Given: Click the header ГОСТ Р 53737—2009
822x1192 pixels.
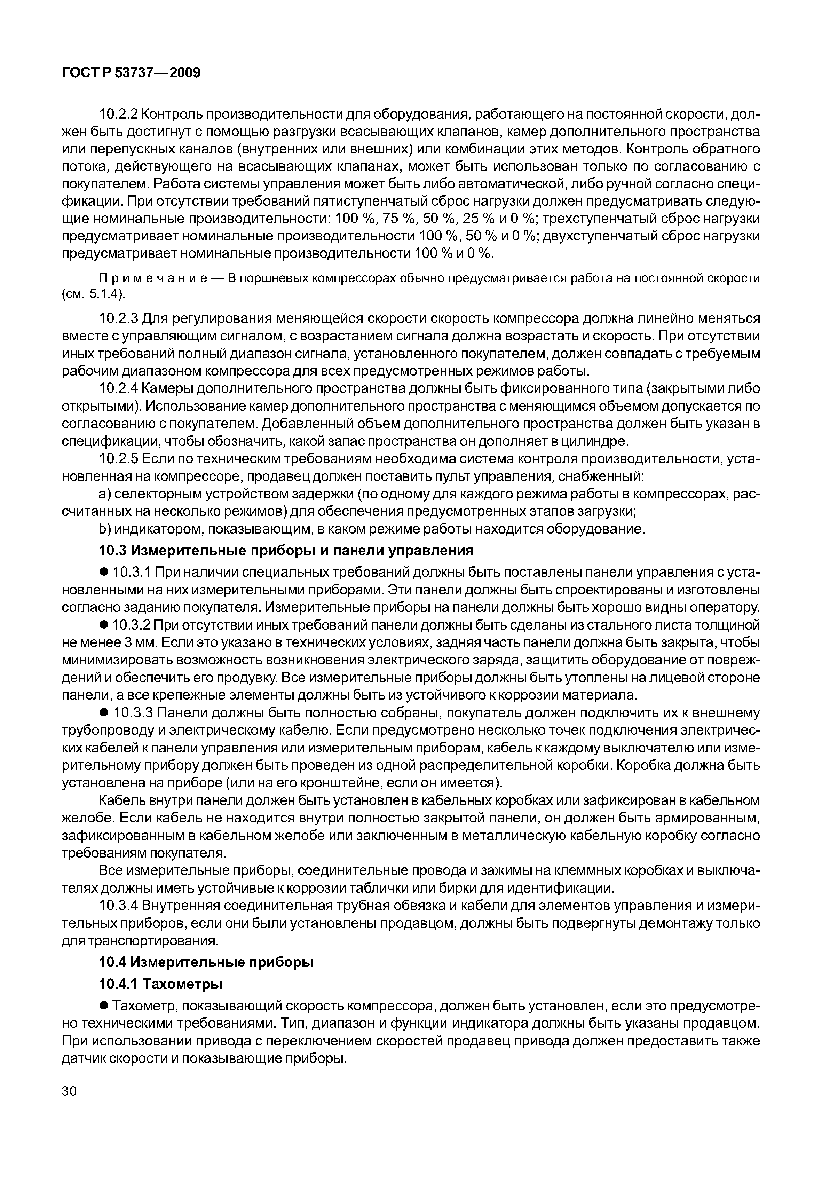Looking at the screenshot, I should pos(131,73).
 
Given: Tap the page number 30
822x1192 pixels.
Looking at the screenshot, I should pos(69,1105).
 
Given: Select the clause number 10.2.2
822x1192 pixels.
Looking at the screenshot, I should pos(117,114).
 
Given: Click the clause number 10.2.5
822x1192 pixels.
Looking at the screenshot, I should pos(117,459).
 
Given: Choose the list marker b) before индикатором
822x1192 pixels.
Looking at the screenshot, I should pos(104,530).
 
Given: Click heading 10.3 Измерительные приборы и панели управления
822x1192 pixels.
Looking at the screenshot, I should pos(285,551).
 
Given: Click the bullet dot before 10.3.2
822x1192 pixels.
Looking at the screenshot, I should pos(103,625).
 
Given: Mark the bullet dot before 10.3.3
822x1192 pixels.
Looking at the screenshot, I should pos(103,713).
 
